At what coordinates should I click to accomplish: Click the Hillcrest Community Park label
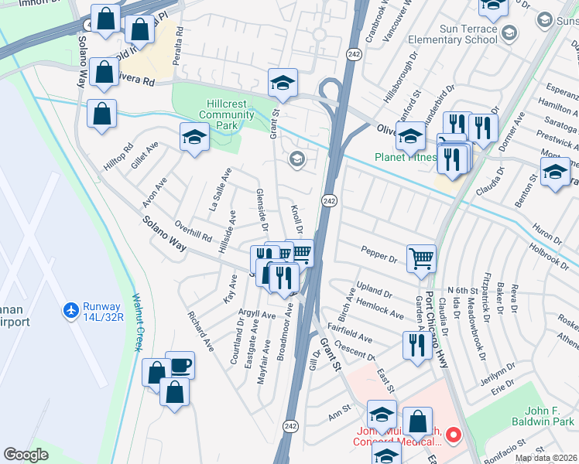226,115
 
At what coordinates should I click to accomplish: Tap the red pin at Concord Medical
454,435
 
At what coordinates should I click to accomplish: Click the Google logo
26,455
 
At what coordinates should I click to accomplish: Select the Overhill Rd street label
194,230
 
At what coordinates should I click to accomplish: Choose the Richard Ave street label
200,332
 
